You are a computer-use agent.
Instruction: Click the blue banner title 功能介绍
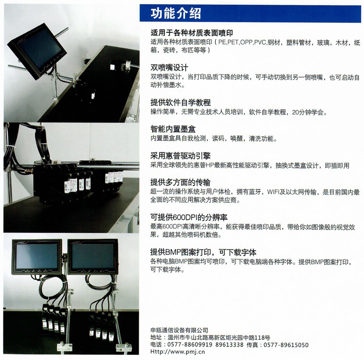[176, 13]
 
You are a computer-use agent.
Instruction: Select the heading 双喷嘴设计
[169, 68]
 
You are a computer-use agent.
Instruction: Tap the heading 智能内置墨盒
[173, 129]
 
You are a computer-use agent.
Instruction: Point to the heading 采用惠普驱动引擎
[180, 155]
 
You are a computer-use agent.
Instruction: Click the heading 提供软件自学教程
[180, 102]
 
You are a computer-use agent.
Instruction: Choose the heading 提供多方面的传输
[180, 182]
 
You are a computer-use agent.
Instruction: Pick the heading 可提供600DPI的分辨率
[189, 217]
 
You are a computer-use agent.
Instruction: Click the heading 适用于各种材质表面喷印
[192, 33]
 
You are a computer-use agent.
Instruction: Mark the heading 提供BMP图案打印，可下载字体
[203, 252]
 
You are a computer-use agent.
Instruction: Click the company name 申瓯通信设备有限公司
[179, 330]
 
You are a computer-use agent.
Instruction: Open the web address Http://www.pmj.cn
[177, 351]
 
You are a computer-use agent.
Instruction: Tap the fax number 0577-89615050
[286, 345]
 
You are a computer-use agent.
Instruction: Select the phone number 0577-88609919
[190, 345]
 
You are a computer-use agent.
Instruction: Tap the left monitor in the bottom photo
[37, 257]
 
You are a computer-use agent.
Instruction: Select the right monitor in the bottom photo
[93, 257]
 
